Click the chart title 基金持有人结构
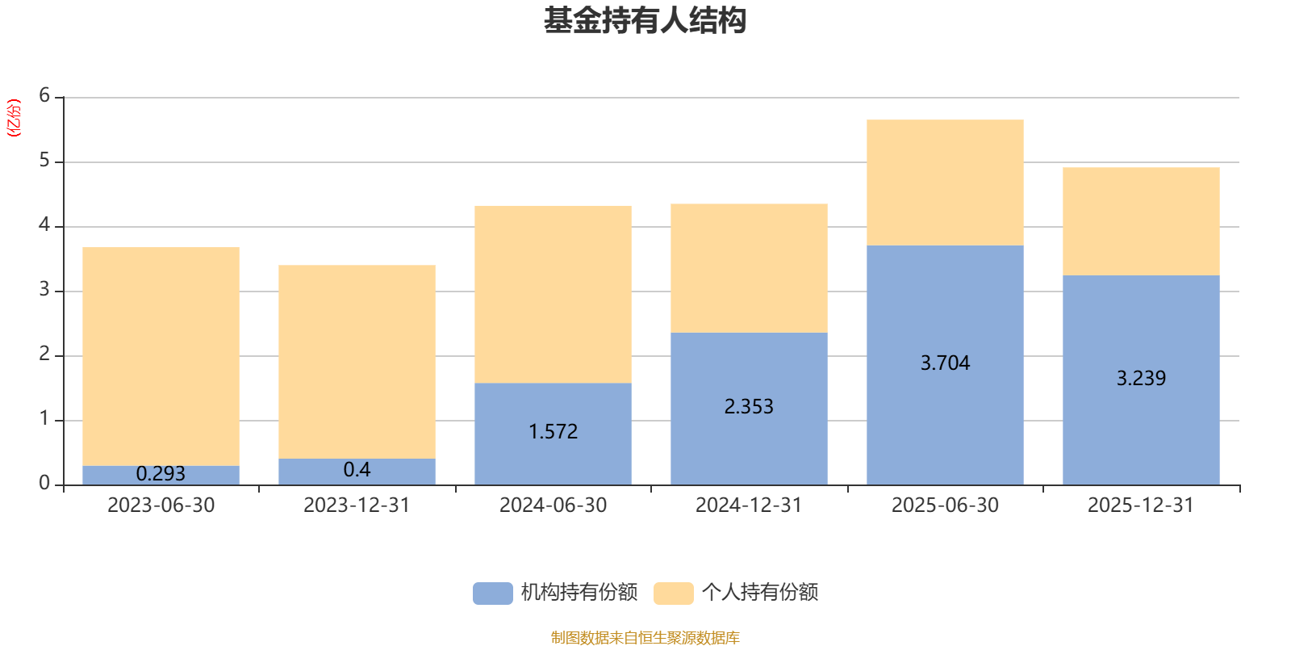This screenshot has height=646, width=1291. [645, 21]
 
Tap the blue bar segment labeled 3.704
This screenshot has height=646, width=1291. [945, 365]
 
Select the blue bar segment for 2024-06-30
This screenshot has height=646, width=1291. [554, 434]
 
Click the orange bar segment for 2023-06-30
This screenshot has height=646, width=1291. [161, 356]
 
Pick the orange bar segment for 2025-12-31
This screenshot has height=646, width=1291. [1141, 221]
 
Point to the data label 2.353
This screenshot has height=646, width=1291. [749, 407]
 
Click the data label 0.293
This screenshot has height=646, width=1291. [161, 473]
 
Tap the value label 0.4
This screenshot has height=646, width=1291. [357, 469]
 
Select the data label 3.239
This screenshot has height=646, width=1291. [1141, 378]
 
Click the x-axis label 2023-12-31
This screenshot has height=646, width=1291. [357, 505]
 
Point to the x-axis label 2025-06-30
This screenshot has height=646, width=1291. [945, 505]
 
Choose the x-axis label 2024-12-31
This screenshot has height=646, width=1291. [749, 505]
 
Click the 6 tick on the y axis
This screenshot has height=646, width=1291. [44, 95]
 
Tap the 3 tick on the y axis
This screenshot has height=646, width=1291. [44, 289]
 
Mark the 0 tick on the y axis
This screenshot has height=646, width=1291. [44, 483]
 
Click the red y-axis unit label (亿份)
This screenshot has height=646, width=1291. [14, 118]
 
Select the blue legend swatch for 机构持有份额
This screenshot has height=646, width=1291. [493, 593]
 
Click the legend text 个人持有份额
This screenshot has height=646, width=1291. [760, 593]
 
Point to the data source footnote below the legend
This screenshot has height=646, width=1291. [645, 637]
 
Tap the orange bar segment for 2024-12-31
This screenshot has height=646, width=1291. [750, 268]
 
